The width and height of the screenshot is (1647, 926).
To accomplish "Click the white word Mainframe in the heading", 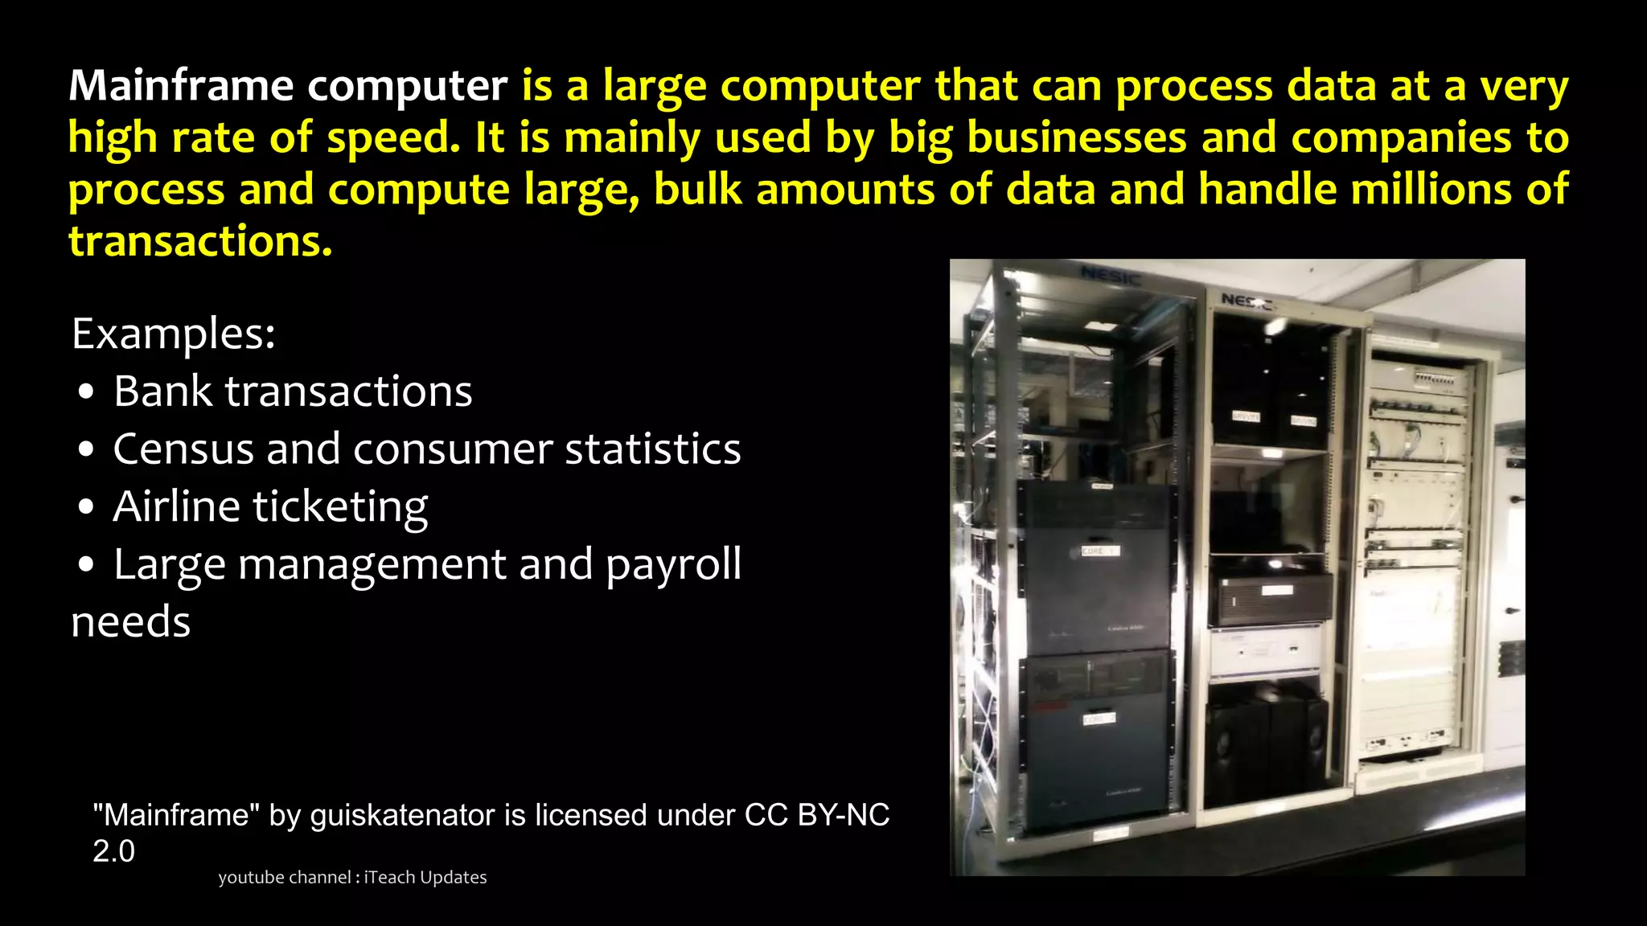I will coord(181,85).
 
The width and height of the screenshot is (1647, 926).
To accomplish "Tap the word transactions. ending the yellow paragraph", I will coord(200,241).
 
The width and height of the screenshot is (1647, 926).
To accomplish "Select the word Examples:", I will coord(174,334).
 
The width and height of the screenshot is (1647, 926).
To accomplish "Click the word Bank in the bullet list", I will coord(162,391).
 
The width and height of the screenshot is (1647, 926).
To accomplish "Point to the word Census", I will coord(183,449).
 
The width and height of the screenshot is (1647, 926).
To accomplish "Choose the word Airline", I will coord(177,507).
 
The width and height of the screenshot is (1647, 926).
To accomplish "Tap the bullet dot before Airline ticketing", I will coord(87,508).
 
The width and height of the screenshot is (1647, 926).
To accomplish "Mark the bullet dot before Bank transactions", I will coord(87,393).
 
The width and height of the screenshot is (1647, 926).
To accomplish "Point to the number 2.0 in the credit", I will coord(113,851).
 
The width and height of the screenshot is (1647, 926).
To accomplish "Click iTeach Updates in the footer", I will coord(425,878).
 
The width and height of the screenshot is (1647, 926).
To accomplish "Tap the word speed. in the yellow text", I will coord(394,137).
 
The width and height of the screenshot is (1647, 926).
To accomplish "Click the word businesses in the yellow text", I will coord(1077,137).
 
